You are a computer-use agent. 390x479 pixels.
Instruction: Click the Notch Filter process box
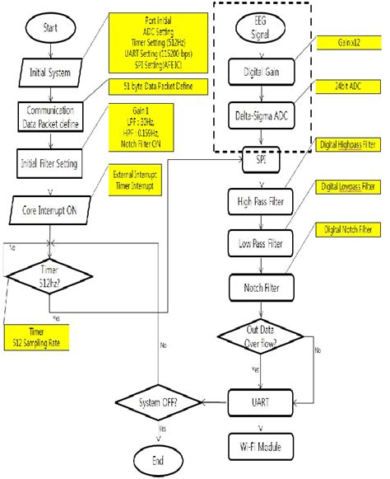point(261,287)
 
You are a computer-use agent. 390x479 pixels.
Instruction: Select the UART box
point(261,403)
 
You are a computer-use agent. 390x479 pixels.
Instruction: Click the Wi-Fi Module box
point(261,448)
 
